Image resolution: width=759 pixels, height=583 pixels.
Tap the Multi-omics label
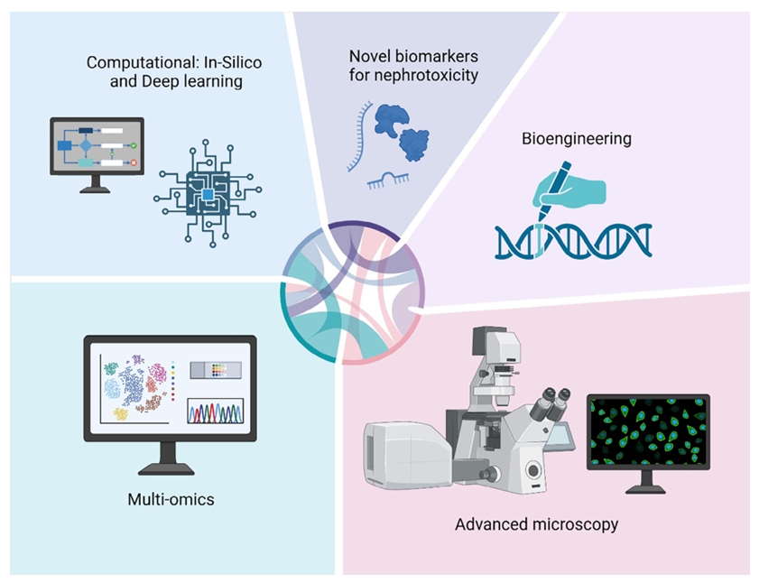point(171,498)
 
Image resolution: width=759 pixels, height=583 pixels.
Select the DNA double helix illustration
point(573,238)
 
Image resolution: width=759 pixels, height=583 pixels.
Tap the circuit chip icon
point(209,192)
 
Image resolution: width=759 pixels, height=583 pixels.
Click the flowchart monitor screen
point(96,148)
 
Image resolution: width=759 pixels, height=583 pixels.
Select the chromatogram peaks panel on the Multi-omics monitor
point(215,412)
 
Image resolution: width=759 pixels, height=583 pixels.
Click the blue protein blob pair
point(402,130)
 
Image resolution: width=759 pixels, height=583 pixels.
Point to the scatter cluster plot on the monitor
point(136,389)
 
